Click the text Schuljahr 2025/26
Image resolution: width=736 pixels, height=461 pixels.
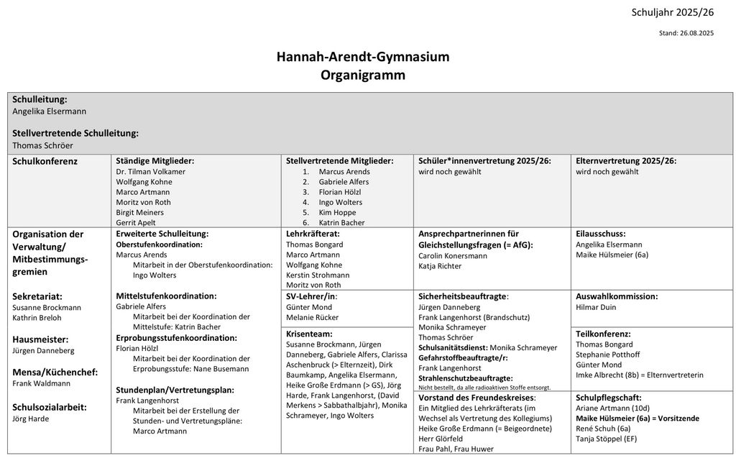(672, 12)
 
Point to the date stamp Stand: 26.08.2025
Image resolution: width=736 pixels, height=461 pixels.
(686, 33)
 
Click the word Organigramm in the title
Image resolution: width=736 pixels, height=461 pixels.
(363, 75)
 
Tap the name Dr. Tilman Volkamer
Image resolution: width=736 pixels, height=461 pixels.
(150, 172)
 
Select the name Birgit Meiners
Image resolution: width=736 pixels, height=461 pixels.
(139, 212)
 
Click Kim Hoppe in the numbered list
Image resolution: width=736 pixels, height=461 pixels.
(338, 212)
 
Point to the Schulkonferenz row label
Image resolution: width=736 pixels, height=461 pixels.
(45, 161)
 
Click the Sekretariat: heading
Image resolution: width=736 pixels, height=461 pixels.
(37, 296)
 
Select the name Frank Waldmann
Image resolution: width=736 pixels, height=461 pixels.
(41, 383)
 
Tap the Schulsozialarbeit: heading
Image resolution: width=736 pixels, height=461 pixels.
(50, 406)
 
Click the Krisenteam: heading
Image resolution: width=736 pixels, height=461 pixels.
(309, 334)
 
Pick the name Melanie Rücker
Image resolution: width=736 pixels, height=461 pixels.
(312, 317)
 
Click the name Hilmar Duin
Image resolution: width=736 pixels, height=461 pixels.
(596, 307)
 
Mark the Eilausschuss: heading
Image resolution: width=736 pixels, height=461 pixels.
(600, 234)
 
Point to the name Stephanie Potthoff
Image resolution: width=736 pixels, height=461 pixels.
(607, 355)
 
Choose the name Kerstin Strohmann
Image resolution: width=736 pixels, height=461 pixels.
(318, 275)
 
